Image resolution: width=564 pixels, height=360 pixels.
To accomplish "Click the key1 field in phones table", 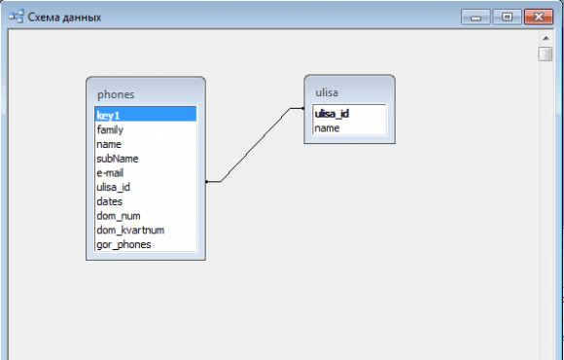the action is tap(108, 116).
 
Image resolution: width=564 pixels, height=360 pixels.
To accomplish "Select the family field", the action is tap(110, 130).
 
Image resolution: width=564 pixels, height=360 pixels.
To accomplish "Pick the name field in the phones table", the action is tap(109, 144).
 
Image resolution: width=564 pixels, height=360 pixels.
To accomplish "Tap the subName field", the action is tap(118, 159).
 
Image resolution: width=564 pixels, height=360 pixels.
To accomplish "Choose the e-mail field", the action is tap(110, 173).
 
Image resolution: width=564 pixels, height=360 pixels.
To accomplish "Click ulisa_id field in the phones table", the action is tap(114, 188).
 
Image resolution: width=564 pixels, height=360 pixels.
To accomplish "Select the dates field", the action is tap(110, 201).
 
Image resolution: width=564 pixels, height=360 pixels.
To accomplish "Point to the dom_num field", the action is tap(119, 216).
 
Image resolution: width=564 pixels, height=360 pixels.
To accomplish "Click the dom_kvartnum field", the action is tap(130, 231).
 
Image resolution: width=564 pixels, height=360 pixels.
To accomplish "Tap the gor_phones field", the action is tap(123, 245).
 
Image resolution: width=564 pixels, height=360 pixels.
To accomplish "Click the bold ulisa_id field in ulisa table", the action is tap(332, 114).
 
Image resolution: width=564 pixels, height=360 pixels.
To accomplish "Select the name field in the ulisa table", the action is tap(327, 128).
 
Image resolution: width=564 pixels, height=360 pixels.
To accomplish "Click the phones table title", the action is tap(116, 94).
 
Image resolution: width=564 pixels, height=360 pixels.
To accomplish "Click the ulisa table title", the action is tap(327, 92).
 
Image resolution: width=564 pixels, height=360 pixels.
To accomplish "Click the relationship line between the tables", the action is tap(256, 144).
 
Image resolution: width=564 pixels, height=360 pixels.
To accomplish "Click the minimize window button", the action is tap(476, 17).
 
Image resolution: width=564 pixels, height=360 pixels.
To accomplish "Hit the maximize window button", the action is tap(508, 17).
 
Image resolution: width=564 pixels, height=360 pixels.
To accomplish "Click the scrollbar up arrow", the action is tap(546, 38).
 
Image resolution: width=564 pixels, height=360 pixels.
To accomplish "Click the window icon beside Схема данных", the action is tap(17, 17).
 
